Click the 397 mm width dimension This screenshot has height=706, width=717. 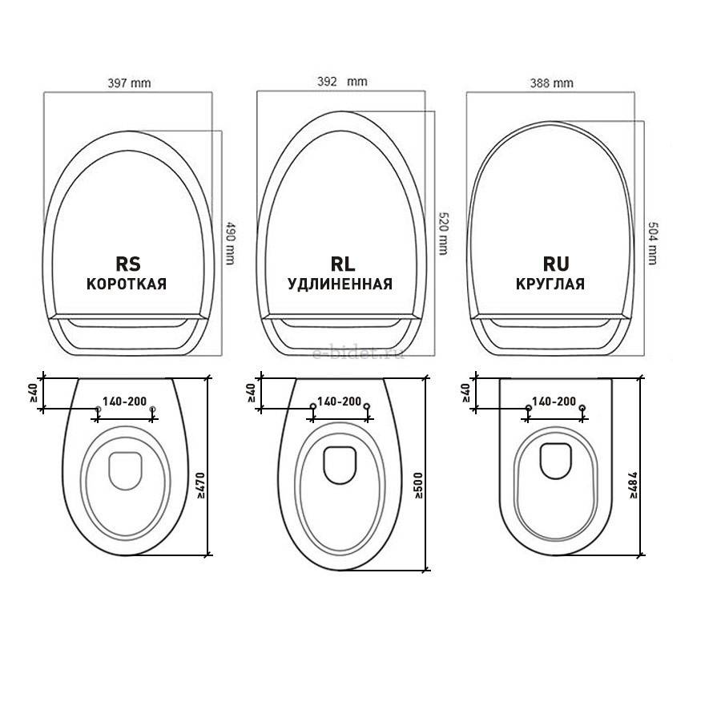click(x=129, y=83)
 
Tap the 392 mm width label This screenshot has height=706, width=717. click(x=340, y=81)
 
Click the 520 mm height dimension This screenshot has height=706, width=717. click(x=443, y=233)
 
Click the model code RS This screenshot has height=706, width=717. click(x=127, y=264)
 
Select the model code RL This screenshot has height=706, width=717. click(x=340, y=264)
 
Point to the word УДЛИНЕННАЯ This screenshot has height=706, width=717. click(x=340, y=284)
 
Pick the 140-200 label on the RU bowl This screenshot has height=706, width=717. click(x=554, y=400)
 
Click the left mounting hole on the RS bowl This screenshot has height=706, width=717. click(x=98, y=409)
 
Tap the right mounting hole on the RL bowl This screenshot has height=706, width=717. click(x=367, y=407)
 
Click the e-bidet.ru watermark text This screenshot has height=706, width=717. click(x=358, y=353)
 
